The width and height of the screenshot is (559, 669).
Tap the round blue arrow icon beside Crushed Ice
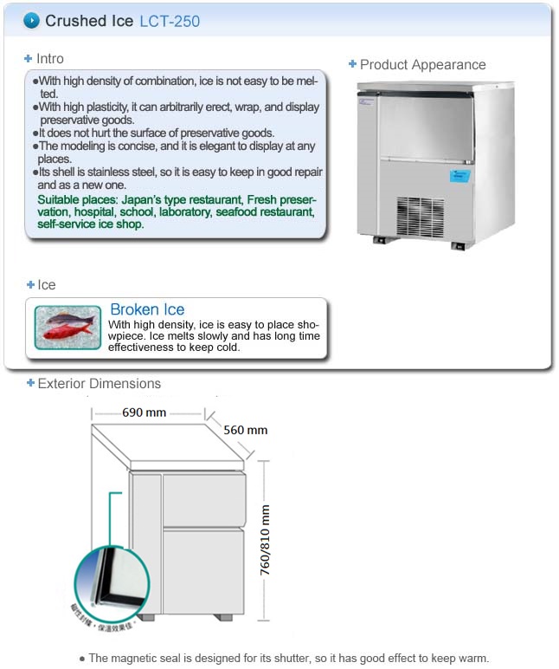(x=31, y=20)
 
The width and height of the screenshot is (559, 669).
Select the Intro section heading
(x=49, y=59)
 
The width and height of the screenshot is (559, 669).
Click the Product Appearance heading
(x=422, y=65)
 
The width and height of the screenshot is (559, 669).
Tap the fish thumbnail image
(x=69, y=327)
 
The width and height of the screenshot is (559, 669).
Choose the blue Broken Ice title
(x=147, y=309)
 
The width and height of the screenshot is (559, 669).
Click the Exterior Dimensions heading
(x=99, y=384)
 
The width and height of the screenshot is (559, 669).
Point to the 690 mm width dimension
(x=145, y=412)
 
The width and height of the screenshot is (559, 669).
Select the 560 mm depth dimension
(x=246, y=430)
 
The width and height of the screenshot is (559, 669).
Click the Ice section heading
(x=47, y=285)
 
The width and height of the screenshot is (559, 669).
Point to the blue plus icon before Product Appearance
(x=352, y=64)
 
